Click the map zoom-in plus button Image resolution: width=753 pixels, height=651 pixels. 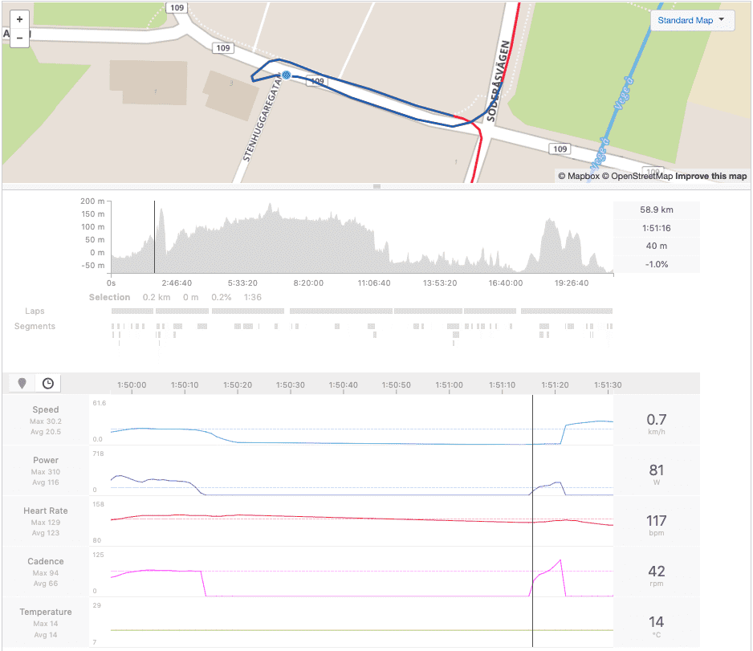[19, 18]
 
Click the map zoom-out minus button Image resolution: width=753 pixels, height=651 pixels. [19, 37]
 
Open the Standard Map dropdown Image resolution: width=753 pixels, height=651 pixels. [691, 20]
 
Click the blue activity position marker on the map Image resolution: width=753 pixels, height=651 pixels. [286, 75]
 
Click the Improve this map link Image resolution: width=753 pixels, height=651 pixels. [710, 176]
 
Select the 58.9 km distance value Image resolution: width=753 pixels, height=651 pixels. [656, 210]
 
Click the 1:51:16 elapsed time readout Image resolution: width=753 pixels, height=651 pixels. [656, 228]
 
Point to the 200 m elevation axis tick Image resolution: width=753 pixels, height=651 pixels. [93, 201]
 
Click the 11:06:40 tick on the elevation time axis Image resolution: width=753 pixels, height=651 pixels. [373, 283]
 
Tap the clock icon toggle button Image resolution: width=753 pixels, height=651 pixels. [48, 383]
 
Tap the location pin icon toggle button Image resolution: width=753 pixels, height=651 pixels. [22, 383]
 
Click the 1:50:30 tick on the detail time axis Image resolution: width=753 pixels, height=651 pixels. [290, 384]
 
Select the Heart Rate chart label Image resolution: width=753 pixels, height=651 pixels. [45, 511]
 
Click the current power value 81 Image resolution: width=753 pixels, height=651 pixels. [656, 470]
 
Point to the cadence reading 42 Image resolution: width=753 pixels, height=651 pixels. [656, 571]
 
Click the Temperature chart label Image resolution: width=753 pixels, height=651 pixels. [45, 612]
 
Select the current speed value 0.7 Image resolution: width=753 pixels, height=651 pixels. [656, 419]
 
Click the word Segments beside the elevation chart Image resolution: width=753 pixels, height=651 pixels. [35, 326]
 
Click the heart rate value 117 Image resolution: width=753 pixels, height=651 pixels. [656, 520]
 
